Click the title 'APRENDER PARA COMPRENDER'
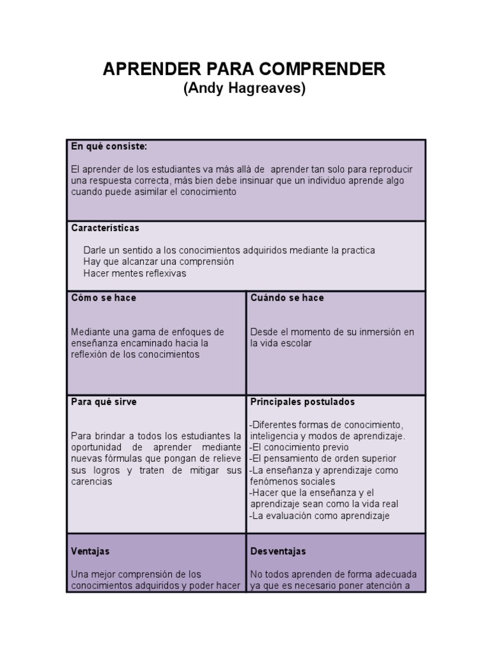pos(244,69)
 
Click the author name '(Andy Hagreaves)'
pos(244,89)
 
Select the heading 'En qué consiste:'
pos(109,146)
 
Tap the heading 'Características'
pos(105,228)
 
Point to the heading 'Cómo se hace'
pos(103,298)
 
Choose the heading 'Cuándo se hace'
pos(287,298)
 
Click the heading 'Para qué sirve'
pos(104,402)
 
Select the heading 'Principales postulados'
pos(302,402)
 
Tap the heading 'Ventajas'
pos(90,551)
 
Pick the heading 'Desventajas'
pos(278,551)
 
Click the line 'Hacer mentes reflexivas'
pos(134,273)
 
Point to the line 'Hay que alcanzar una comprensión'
pos(159,262)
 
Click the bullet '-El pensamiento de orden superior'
pos(323,459)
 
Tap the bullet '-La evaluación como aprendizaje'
pos(320,516)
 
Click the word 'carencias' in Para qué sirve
pos(92,482)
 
